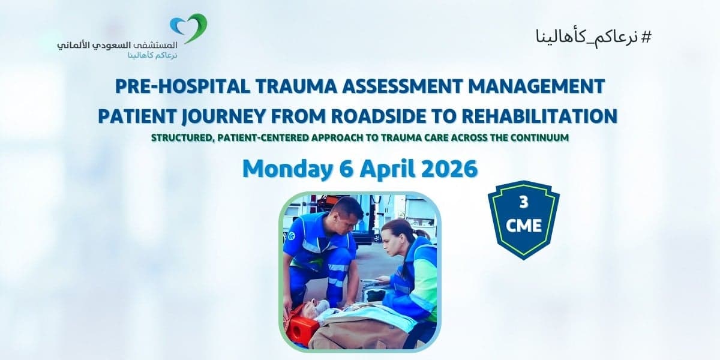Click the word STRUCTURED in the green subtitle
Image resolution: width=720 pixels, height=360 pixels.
(x=184, y=137)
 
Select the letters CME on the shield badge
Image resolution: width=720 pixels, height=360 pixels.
(x=524, y=226)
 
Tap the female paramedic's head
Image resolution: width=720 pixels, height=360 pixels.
(x=396, y=236)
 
